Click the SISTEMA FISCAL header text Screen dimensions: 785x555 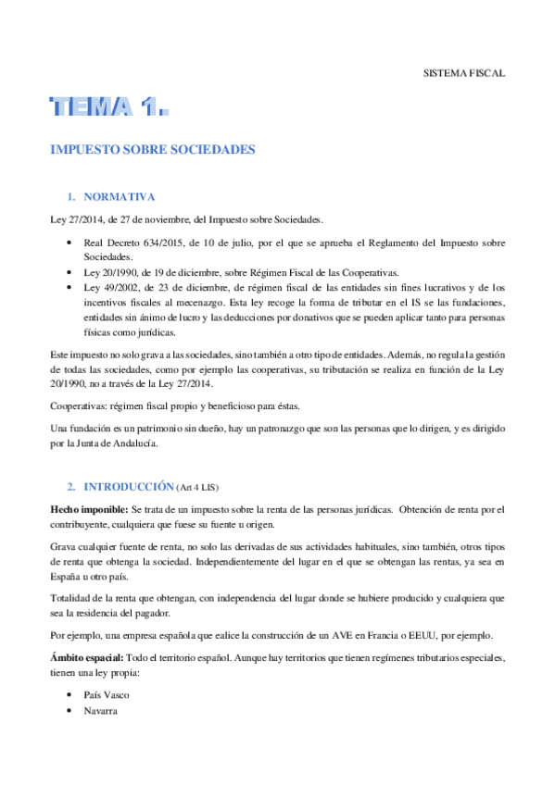[x=463, y=73]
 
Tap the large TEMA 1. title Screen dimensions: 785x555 [x=110, y=108]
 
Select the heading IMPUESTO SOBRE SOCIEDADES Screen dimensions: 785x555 [x=151, y=149]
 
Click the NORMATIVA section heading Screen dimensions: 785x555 [x=118, y=197]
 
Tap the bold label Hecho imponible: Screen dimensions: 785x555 [x=90, y=511]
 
